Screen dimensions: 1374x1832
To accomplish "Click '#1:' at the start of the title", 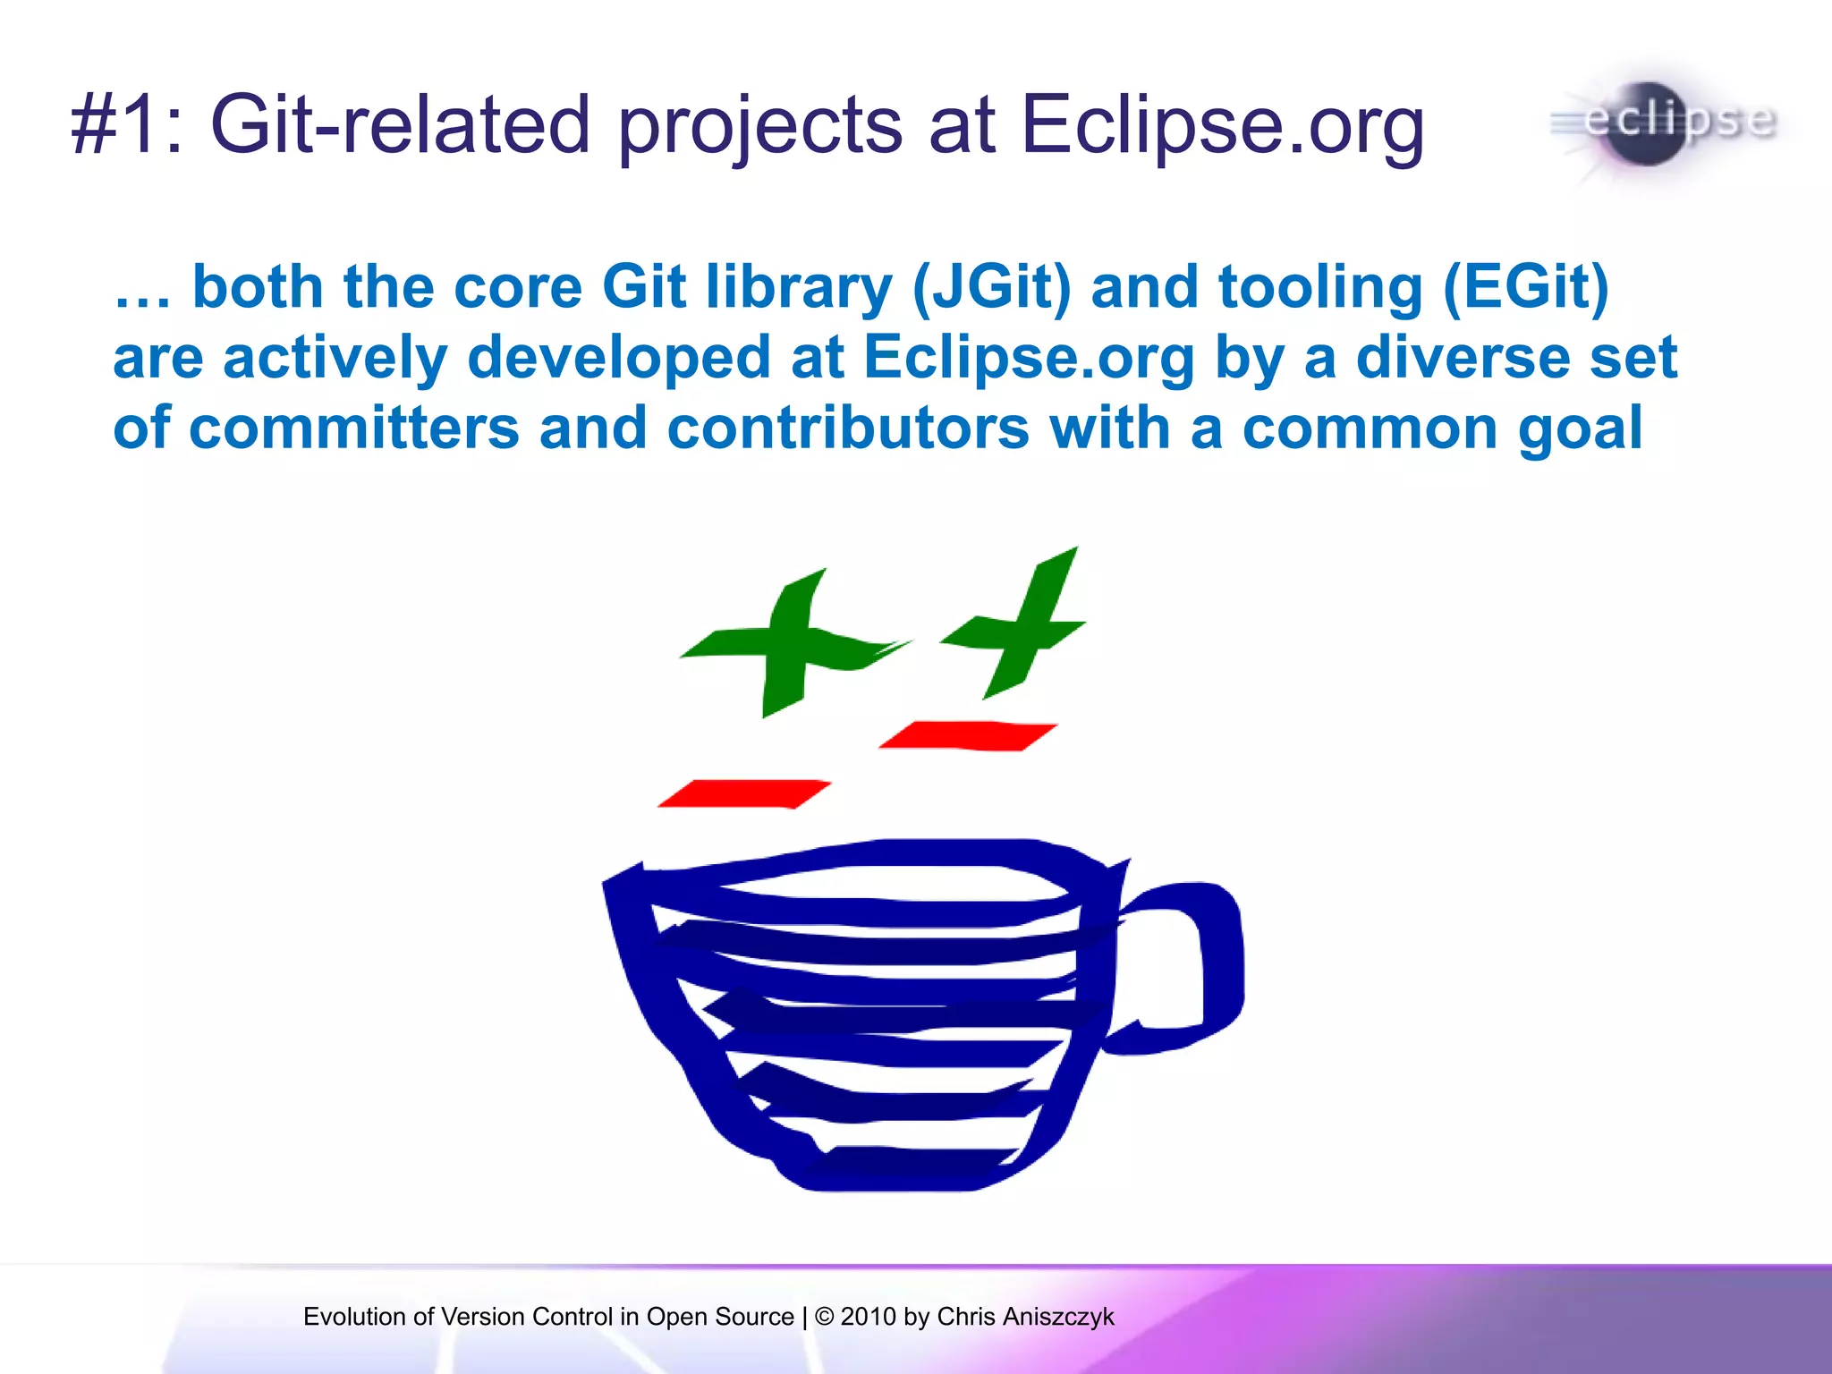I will pyautogui.click(x=126, y=125).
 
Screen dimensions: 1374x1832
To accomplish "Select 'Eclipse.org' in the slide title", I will pyautogui.click(x=1222, y=127).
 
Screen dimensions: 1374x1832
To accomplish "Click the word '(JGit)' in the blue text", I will pyautogui.click(x=991, y=288).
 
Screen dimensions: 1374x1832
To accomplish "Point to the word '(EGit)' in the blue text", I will pyautogui.click(x=1526, y=288).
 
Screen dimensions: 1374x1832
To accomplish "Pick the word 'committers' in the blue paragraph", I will pyautogui.click(x=354, y=428).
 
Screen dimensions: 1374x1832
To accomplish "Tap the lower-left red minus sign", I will pyautogui.click(x=744, y=793).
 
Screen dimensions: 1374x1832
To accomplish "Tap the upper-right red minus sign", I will pyautogui.click(x=968, y=735).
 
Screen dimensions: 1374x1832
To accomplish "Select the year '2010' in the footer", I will pyautogui.click(x=868, y=1317).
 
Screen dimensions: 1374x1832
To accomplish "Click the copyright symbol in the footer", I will pyautogui.click(x=825, y=1317).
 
